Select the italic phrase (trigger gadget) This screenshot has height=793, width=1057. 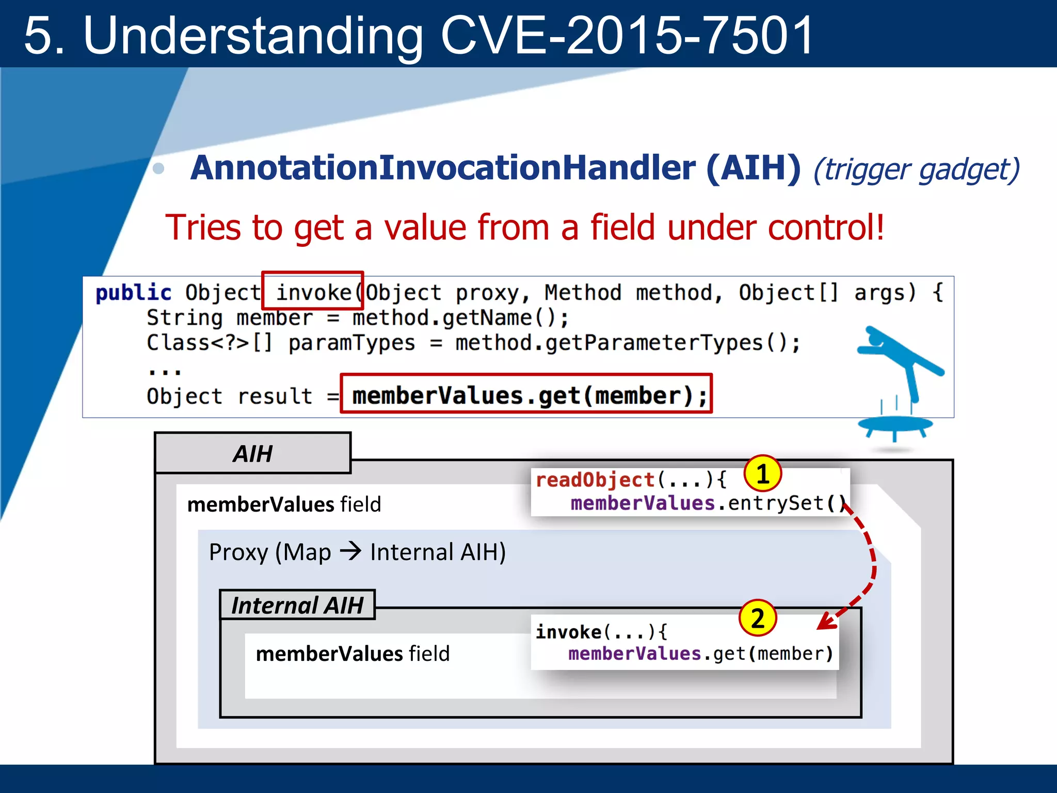point(916,169)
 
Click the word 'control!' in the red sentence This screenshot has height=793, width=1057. point(826,228)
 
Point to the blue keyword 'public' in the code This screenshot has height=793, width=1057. point(133,293)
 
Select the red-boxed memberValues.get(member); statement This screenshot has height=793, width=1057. point(526,395)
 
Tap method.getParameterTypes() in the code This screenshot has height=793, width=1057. point(627,343)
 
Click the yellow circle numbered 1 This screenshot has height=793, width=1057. point(762,473)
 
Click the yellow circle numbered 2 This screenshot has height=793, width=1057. point(757,618)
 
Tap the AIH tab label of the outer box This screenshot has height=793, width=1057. point(252,454)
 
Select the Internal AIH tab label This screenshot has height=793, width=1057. point(297,605)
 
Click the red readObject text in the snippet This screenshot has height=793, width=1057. point(595,480)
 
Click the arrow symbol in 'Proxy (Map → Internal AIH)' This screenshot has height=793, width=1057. point(351,551)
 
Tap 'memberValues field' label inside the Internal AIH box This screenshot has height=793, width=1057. point(353,654)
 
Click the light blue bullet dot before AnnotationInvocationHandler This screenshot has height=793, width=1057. point(159,168)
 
